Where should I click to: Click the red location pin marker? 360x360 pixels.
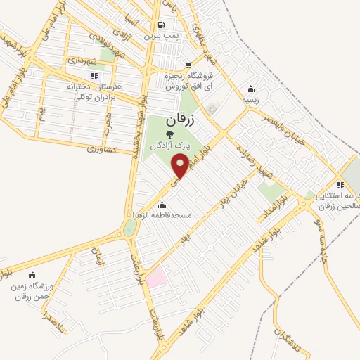point(181,166)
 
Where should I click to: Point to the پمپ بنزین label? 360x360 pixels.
point(159,32)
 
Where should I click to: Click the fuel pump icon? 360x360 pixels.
point(164,21)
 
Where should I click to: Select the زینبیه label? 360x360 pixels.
point(251,99)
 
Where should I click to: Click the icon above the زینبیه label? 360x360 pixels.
point(251,89)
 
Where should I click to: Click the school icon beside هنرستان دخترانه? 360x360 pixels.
point(94,76)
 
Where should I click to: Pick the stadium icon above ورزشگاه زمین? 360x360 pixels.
point(31,274)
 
